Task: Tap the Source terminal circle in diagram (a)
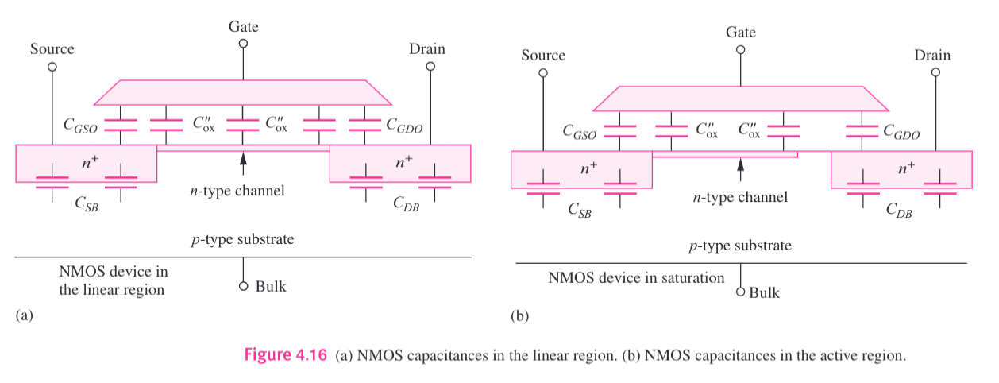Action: pyautogui.click(x=52, y=67)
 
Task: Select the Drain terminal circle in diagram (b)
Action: pyautogui.click(x=935, y=72)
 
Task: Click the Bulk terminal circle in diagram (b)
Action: pyautogui.click(x=741, y=292)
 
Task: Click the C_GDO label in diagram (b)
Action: pyautogui.click(x=901, y=133)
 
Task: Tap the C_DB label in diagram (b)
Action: pyautogui.click(x=900, y=210)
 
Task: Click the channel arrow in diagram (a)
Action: pyautogui.click(x=243, y=164)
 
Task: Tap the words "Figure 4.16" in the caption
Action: pyautogui.click(x=285, y=355)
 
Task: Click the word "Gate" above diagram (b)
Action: pyautogui.click(x=740, y=33)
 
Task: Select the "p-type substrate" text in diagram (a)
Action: pyautogui.click(x=243, y=238)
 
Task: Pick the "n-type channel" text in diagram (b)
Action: pyautogui.click(x=739, y=196)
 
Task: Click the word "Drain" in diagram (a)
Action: pyautogui.click(x=427, y=49)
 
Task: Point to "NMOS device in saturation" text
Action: pyautogui.click(x=636, y=278)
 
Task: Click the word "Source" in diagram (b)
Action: pyautogui.click(x=543, y=55)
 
